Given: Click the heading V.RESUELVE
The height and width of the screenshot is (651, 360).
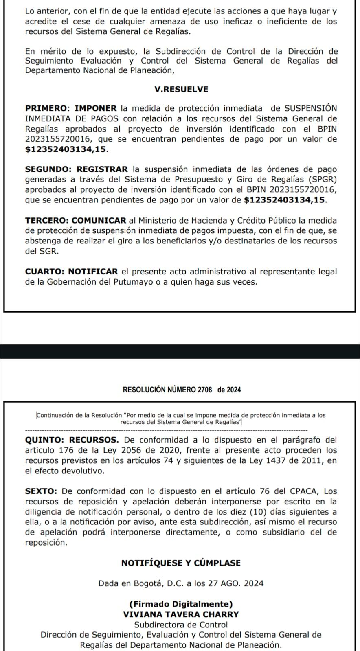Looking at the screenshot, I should (181, 90).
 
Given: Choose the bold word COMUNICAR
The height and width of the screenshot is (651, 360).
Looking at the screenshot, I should (99, 221).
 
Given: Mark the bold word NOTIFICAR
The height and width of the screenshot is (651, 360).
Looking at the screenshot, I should (93, 272).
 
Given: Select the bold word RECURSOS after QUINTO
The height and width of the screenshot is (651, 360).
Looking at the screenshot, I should (94, 440).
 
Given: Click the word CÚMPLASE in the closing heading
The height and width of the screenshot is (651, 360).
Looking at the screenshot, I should (217, 563).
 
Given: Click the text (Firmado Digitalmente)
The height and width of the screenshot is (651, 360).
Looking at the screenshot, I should (181, 604).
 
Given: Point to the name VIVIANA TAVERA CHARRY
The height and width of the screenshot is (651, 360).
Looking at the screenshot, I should (181, 614).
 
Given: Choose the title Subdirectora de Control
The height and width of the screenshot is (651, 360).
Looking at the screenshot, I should (181, 625).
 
